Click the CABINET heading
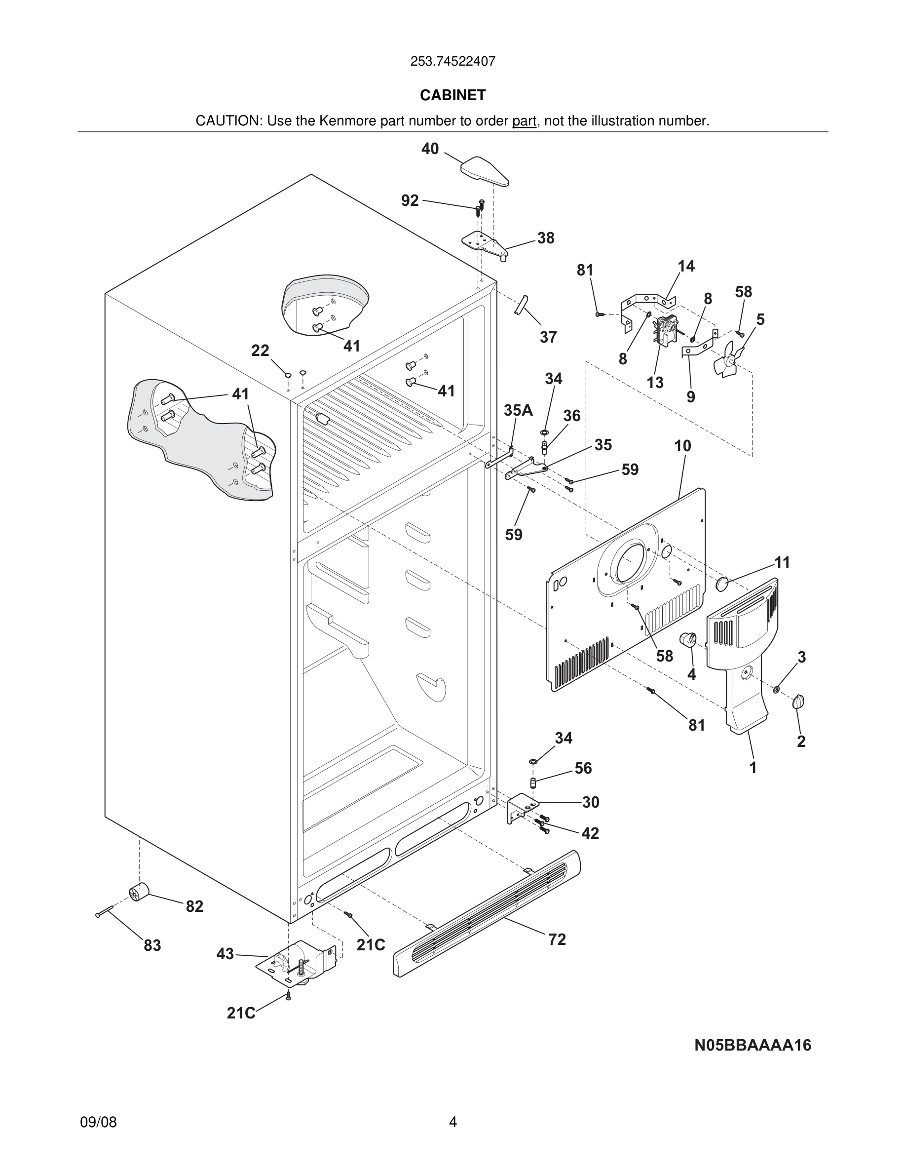[x=453, y=95]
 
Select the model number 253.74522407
[x=453, y=62]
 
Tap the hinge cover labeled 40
[x=485, y=171]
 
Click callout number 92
[x=410, y=200]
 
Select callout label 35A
[x=518, y=410]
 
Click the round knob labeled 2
[x=798, y=701]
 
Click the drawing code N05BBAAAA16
[x=753, y=1045]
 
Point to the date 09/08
[x=98, y=1122]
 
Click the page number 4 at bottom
[x=453, y=1122]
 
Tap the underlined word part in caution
[x=524, y=121]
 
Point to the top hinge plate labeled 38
[x=485, y=244]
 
